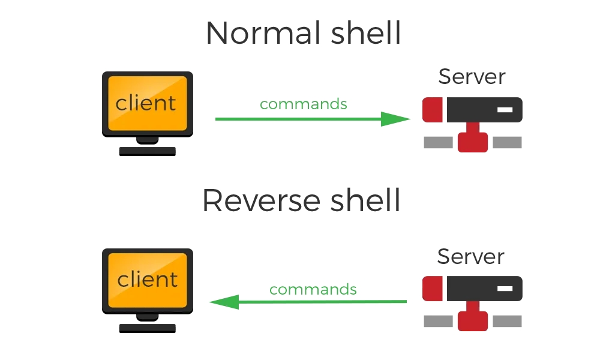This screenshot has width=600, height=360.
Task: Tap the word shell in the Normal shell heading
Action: tap(365, 34)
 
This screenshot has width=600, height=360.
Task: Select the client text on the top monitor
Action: tap(146, 103)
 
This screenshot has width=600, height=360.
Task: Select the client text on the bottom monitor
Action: tap(147, 280)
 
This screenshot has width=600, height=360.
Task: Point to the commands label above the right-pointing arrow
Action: tap(304, 104)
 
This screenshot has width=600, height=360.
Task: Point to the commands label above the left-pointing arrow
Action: tap(313, 290)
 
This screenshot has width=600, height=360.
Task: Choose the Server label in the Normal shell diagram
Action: tap(472, 77)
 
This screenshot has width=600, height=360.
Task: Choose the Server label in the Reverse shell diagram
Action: tap(471, 256)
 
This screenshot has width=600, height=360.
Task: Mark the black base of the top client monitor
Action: tap(147, 151)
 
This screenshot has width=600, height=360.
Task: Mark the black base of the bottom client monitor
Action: tap(147, 328)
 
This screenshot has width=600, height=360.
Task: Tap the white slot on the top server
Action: tap(505, 110)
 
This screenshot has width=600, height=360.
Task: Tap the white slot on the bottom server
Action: tap(505, 289)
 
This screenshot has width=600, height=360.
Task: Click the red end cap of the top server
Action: tap(432, 110)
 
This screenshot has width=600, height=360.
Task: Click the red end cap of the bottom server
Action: tap(432, 289)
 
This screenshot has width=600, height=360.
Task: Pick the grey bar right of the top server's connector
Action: tap(507, 143)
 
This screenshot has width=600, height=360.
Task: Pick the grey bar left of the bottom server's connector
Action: tap(438, 322)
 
